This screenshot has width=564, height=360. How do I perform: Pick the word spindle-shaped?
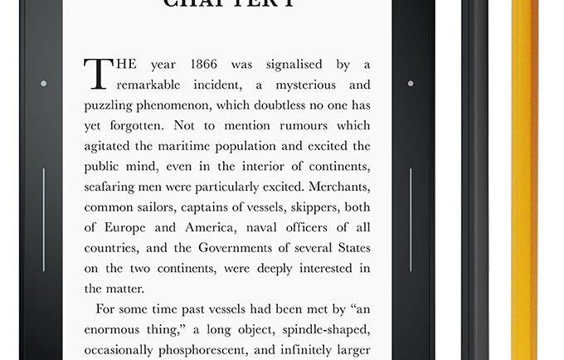click(326, 328)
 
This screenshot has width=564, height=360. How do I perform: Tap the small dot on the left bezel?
click(43, 84)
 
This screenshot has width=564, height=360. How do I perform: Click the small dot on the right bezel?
click(410, 84)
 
